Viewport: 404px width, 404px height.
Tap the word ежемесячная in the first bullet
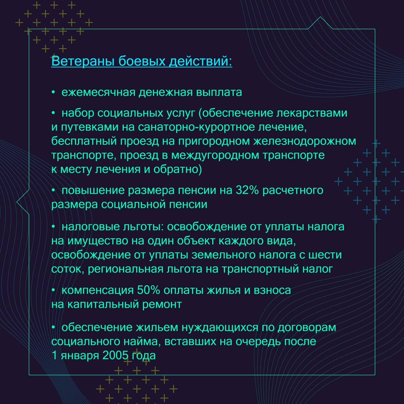coord(98,92)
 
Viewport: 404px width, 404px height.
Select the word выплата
coord(219,92)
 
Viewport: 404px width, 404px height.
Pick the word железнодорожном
coord(305,141)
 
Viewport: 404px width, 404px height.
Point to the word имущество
coord(98,241)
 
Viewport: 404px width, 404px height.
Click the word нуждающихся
coord(220,328)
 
